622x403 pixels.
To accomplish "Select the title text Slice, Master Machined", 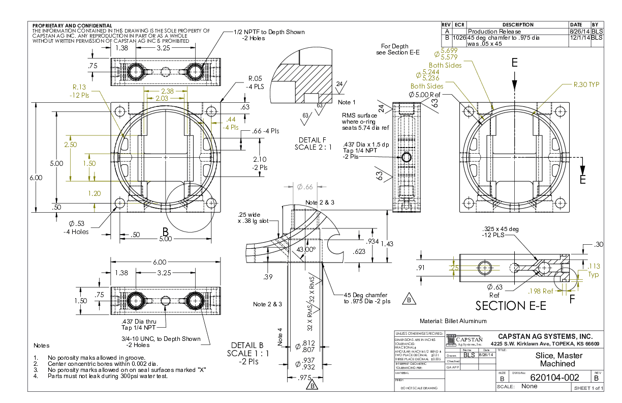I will tap(557, 360).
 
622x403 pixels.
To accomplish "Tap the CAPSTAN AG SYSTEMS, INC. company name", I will tap(545, 336).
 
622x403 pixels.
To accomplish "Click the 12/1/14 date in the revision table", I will tap(579, 38).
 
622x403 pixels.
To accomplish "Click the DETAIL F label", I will tap(313, 139).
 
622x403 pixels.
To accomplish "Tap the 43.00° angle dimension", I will tap(306, 249).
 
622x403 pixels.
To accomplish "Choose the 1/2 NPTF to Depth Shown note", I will tap(269, 32).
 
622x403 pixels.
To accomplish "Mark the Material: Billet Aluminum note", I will tap(453, 321).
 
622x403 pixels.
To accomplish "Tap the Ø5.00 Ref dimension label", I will tap(425, 95).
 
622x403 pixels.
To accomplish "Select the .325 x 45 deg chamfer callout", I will tap(501, 229).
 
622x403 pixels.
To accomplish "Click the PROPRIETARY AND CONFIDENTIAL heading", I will tap(72, 25).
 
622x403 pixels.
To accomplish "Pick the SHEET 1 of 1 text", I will tap(588, 388).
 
